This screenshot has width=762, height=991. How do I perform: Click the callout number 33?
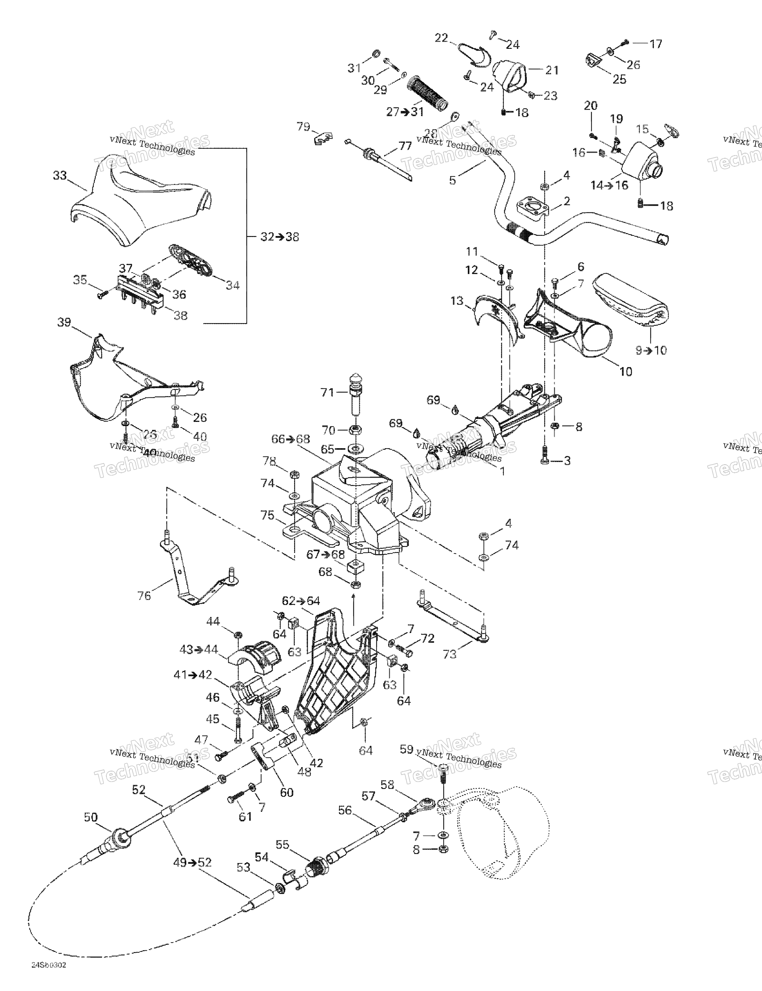click(x=60, y=176)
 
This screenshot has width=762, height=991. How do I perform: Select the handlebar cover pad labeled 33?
click(x=136, y=200)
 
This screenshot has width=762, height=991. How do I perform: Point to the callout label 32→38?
click(x=279, y=237)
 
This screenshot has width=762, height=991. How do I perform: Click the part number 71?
click(x=327, y=392)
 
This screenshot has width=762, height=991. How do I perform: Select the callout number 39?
click(x=64, y=322)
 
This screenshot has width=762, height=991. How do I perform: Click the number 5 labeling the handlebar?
click(x=452, y=180)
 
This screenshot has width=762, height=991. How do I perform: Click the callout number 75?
click(x=268, y=515)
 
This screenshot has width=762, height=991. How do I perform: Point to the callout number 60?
click(x=287, y=792)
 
